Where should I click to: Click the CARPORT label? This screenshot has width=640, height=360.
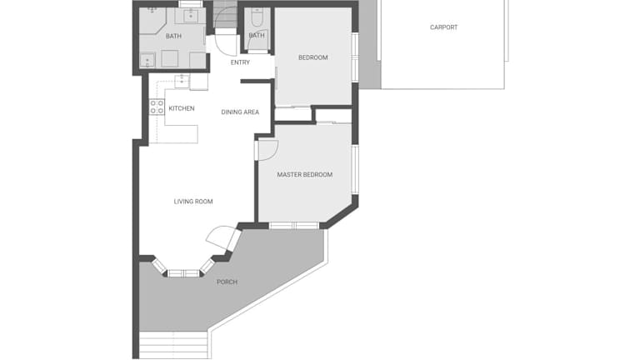pos(443,27)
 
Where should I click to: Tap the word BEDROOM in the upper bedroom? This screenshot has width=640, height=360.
pos(313,57)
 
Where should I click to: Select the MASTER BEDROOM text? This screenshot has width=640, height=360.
pos(305,175)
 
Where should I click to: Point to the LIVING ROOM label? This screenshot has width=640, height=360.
pos(193,201)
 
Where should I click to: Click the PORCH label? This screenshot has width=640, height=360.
pos(227,282)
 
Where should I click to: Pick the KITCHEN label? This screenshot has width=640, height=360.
pos(182,108)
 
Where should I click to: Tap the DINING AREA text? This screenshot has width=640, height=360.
pos(240,112)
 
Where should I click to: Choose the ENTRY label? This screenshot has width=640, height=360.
pos(240,62)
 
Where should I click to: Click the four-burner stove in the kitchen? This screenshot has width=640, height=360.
pos(157,107)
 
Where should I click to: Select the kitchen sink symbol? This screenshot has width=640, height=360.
pos(182,81)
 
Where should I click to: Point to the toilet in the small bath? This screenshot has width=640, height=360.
pos(257,17)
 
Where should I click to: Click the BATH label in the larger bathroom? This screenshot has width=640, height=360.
pos(173,37)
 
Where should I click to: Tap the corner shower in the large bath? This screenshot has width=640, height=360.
pos(152,21)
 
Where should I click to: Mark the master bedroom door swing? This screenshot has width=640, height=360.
pos(268,150)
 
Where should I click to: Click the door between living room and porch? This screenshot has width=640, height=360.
pos(222,238)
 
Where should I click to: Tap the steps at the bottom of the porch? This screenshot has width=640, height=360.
pos(173,345)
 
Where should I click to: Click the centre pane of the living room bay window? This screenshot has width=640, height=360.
pos(183,273)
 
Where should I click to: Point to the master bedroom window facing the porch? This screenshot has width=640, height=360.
pos(294,225)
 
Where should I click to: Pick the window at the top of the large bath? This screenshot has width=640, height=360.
pos(191,4)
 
